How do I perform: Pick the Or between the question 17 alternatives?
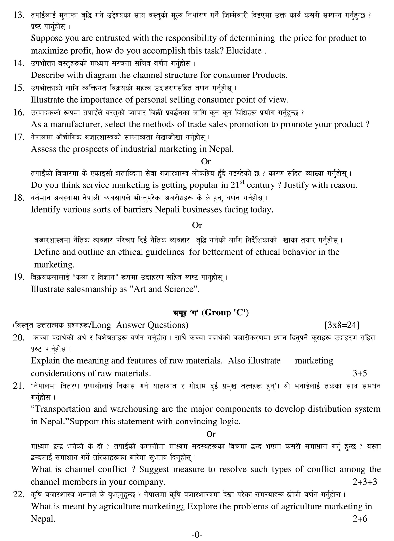click(206, 161)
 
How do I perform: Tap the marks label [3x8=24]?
click(341, 325)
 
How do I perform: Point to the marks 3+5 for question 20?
click(360, 373)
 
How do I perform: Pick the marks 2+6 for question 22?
click(360, 519)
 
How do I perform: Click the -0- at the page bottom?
click(197, 535)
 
